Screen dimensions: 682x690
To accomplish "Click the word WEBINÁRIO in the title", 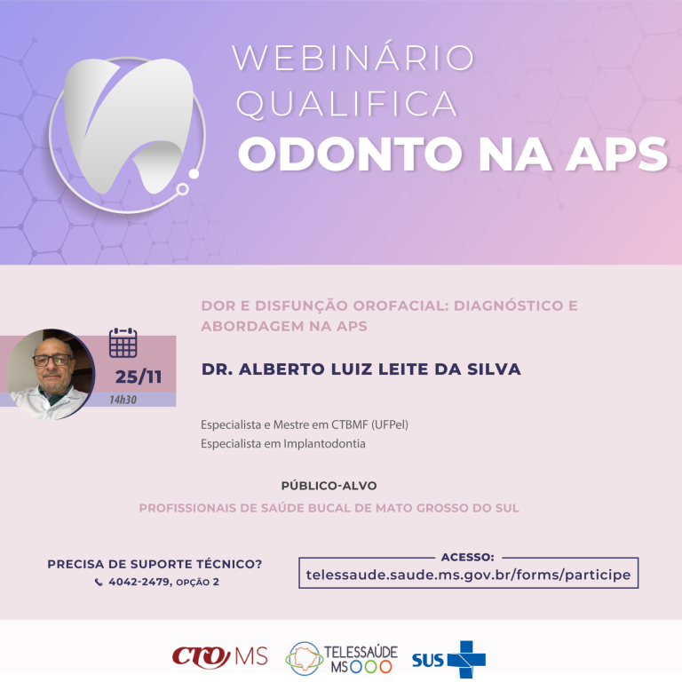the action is [353, 57].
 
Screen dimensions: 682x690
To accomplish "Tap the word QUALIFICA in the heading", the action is [347, 104].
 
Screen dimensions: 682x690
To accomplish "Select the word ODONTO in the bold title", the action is [350, 154].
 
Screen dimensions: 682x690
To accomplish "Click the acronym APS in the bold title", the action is [617, 154].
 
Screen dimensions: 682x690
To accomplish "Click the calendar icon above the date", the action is [123, 343].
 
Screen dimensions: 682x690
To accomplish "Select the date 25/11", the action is [139, 377].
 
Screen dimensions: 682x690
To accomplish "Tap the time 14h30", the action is [123, 400].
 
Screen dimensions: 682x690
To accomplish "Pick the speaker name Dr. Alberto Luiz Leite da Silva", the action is [361, 369].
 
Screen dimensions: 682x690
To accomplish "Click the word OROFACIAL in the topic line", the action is [400, 305].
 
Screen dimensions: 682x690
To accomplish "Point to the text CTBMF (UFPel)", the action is [370, 424].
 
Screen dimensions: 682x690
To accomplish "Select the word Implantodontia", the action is [324, 444].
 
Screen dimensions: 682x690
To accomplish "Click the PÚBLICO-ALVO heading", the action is [329, 486].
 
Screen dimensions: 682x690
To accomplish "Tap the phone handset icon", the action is [99, 583].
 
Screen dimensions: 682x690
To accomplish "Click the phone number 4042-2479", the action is [139, 582].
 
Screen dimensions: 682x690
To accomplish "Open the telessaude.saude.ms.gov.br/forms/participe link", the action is [468, 575].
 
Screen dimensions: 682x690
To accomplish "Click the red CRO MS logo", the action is [219, 657].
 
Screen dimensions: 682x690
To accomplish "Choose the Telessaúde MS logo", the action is [341, 658].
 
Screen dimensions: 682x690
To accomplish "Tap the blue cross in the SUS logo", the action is [467, 659].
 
